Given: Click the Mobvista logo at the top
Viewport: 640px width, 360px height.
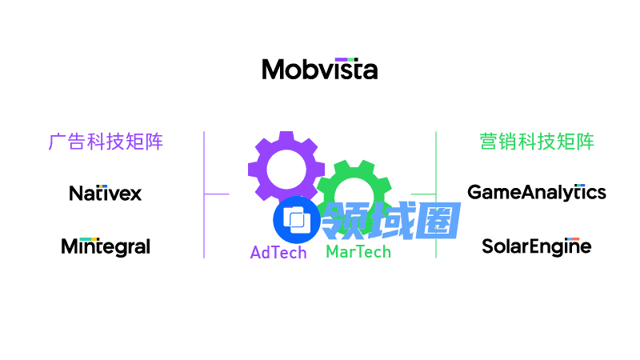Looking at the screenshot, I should click(x=320, y=69).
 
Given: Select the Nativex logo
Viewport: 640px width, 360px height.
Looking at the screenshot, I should click(x=105, y=193).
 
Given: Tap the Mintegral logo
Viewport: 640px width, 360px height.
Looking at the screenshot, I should click(x=106, y=246).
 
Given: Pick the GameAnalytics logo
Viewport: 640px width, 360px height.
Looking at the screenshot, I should click(x=536, y=192).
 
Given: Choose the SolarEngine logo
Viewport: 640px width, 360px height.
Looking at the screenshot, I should click(x=536, y=246).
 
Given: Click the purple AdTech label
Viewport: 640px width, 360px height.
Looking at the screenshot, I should click(x=278, y=253).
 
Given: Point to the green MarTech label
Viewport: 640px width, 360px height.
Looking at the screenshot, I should click(x=358, y=252).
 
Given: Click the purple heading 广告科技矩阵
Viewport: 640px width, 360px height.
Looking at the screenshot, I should click(x=106, y=142).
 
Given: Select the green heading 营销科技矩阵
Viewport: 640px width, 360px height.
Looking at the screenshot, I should click(x=537, y=142).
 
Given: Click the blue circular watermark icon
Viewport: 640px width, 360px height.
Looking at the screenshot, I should click(x=297, y=219).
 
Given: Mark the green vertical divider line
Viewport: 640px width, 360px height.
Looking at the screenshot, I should click(x=436, y=160).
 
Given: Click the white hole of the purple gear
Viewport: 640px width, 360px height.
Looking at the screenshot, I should click(x=286, y=169).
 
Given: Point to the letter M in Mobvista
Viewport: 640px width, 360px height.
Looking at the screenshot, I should click(x=274, y=70).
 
